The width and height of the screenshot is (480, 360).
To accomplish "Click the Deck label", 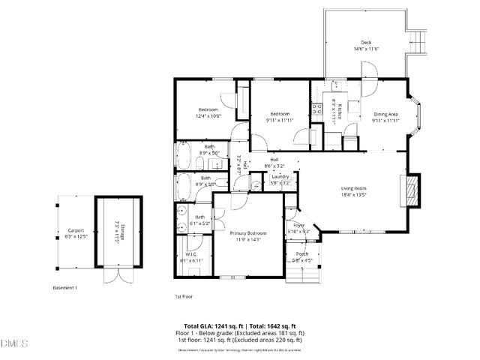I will click(366, 43).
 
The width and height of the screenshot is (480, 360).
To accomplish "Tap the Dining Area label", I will click(386, 114).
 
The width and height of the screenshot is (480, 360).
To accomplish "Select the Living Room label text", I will click(353, 188).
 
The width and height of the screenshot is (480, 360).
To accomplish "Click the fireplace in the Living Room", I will click(409, 190).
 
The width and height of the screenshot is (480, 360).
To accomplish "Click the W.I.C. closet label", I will click(190, 253).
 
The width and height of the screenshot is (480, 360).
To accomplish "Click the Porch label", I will click(301, 254).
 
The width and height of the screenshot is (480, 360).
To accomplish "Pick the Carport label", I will click(76, 230).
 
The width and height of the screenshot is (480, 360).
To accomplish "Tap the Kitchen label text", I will click(339, 111).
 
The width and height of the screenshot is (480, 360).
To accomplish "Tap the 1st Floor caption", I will click(184, 296).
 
